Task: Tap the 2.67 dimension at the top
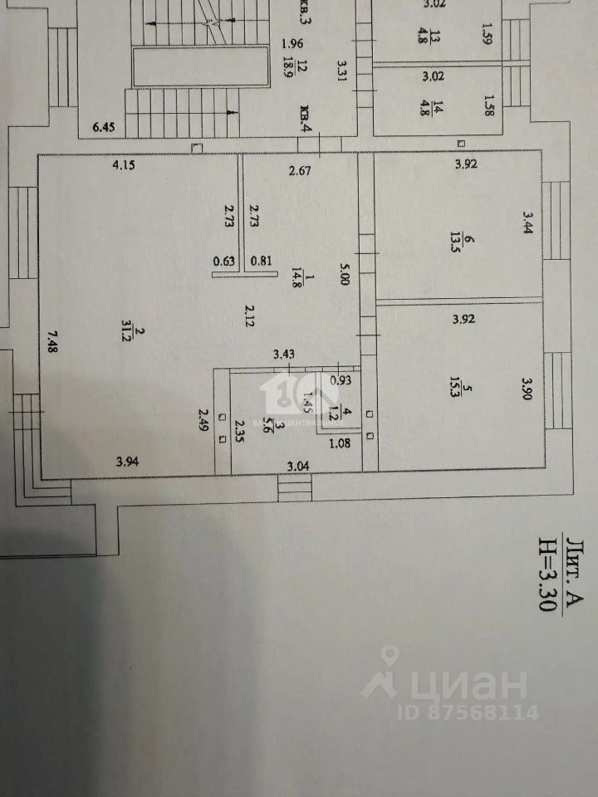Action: (299, 172)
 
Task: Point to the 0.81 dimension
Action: (261, 260)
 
